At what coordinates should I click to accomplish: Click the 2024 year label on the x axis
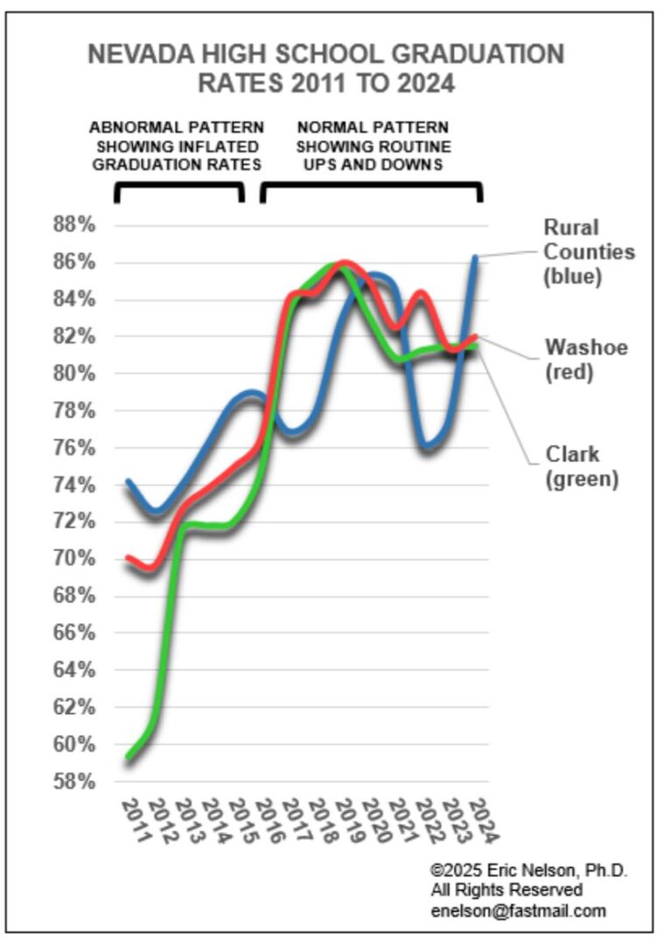(x=482, y=820)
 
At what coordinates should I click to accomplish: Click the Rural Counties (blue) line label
(x=589, y=252)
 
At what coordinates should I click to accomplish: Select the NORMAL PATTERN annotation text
(x=372, y=128)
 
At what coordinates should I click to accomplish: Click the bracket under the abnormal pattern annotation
(x=178, y=186)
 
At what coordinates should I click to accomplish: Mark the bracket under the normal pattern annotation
(x=371, y=186)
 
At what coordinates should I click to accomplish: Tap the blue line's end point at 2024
(x=476, y=257)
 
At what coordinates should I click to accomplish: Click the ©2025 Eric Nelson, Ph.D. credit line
(x=529, y=871)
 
